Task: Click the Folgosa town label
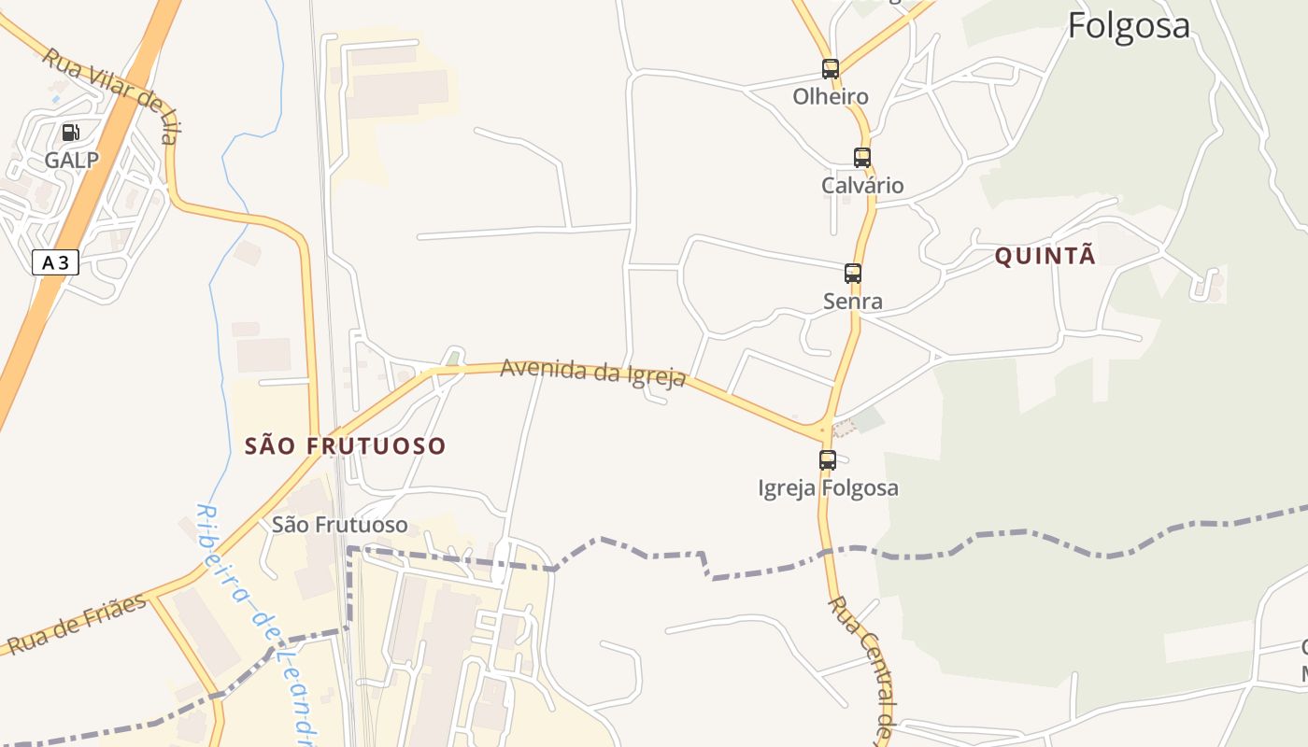click(x=1129, y=25)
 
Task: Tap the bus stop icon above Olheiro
click(x=830, y=68)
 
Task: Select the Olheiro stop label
click(x=830, y=96)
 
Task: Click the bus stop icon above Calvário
click(x=861, y=158)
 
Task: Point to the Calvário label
click(x=862, y=185)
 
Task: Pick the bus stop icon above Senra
click(x=852, y=274)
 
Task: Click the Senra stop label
click(x=852, y=301)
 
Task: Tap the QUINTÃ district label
click(x=1045, y=256)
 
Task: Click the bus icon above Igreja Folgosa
click(x=827, y=460)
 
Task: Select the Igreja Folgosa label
click(x=828, y=487)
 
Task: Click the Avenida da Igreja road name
click(x=593, y=372)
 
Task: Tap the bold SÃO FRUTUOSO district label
click(x=345, y=446)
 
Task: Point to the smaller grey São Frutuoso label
click(x=339, y=525)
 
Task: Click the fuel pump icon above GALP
click(x=71, y=133)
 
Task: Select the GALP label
click(x=71, y=160)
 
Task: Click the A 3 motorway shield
click(x=55, y=262)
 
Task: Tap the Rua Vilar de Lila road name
click(x=109, y=96)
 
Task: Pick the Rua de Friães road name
click(x=77, y=623)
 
